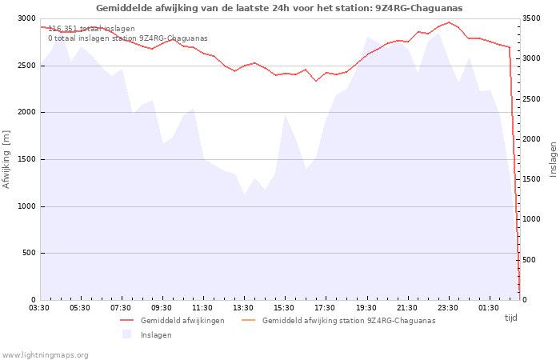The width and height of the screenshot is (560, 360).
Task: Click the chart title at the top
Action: pos(279,8)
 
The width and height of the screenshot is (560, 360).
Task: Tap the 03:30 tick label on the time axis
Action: pos(39,308)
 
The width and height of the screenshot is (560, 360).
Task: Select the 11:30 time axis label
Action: pos(202,308)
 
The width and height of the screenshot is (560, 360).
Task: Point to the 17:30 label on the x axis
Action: pos(325,308)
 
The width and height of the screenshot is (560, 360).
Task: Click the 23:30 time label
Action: pos(447,308)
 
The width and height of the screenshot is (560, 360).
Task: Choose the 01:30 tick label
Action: pos(488,308)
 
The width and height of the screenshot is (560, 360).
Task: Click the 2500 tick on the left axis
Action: pos(27,66)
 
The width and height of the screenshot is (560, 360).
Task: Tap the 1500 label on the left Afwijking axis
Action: pos(27,159)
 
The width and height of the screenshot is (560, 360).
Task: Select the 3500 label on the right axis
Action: pos(531,18)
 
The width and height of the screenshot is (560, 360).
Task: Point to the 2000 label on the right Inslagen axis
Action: pos(531,139)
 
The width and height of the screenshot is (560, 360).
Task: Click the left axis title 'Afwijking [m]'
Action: pos(6,159)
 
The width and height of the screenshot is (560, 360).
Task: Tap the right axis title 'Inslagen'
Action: pos(554,159)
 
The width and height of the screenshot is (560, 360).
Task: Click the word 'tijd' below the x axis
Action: pos(510,318)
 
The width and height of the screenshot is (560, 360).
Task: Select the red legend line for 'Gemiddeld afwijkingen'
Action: pos(126,320)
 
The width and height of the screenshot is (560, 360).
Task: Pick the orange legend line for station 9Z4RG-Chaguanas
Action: pos(249,320)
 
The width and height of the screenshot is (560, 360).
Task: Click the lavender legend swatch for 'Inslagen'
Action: pos(126,334)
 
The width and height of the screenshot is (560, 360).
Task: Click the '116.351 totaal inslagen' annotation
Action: pos(91,29)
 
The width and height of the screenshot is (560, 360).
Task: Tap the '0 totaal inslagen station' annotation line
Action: pos(128,38)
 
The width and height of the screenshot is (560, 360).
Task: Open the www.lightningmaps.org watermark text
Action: pos(45,355)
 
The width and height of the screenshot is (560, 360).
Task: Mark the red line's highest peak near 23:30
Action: pos(449,22)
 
